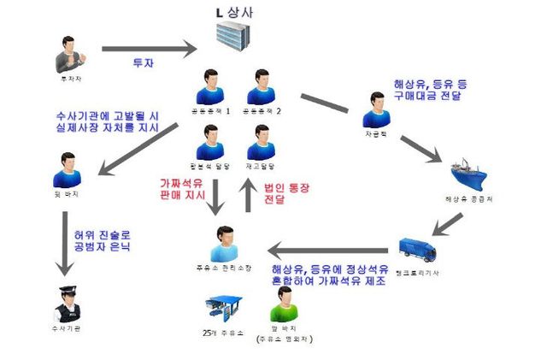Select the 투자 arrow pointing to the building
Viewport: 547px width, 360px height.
coord(149,49)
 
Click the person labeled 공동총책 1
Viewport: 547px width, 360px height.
coord(210,87)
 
